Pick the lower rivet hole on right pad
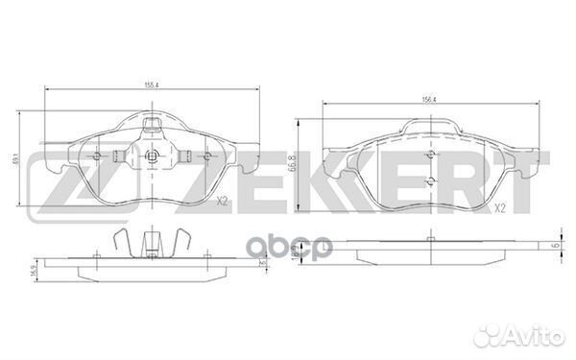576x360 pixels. [x=429, y=182]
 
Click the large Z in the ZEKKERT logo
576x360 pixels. [x=53, y=180]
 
